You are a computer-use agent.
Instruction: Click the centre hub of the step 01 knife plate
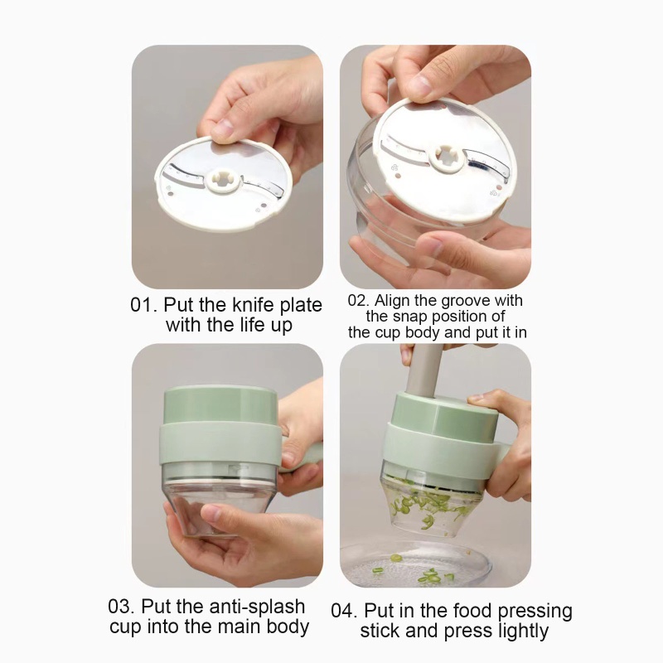pos(224,181)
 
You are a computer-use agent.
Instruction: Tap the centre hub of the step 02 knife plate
pos(446,157)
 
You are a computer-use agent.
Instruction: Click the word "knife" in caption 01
pos(254,305)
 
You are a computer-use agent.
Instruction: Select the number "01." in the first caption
pos(143,305)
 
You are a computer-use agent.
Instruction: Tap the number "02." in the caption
pos(359,301)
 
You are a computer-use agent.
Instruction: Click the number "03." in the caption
pos(122,607)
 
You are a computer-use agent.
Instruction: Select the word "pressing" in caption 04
pos(535,611)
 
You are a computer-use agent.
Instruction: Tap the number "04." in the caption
pos(345,611)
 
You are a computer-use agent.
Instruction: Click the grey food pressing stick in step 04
pos(423,370)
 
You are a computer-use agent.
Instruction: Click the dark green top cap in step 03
pos(220,404)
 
